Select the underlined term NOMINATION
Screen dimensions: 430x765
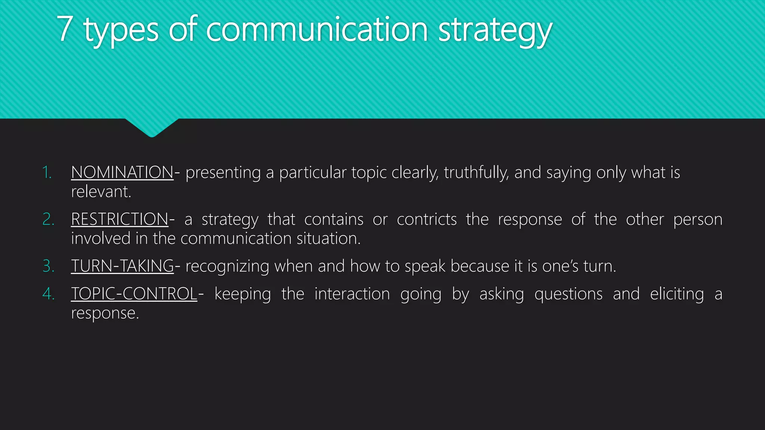(x=122, y=172)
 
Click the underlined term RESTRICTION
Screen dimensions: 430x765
(x=120, y=219)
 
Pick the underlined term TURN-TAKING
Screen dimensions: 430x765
(x=123, y=266)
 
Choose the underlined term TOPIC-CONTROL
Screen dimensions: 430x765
(x=134, y=294)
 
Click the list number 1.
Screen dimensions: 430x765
(x=47, y=172)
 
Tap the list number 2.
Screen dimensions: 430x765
(x=48, y=219)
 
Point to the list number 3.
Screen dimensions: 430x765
(x=48, y=266)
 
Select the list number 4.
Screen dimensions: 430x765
(x=48, y=294)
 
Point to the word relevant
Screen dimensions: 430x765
(x=101, y=192)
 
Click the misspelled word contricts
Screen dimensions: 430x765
(x=427, y=219)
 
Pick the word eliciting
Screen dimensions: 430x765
(x=677, y=294)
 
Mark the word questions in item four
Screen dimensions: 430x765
(x=568, y=294)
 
